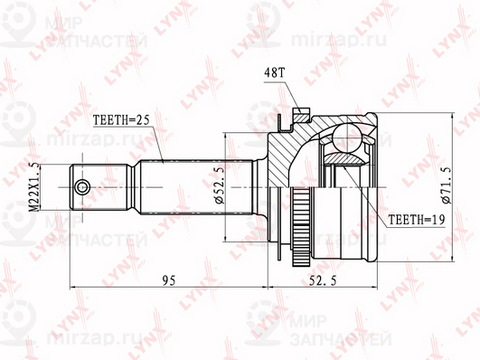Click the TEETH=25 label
pyautogui.click(x=121, y=120)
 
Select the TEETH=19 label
pyautogui.click(x=416, y=220)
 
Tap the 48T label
pyautogui.click(x=275, y=73)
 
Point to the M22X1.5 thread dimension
pyautogui.click(x=35, y=187)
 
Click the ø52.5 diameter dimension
pyautogui.click(x=220, y=185)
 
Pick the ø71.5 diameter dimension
pyautogui.click(x=447, y=185)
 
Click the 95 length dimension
pyautogui.click(x=169, y=280)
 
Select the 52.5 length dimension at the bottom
pyautogui.click(x=323, y=280)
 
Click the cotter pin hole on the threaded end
pyautogui.click(x=82, y=187)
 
